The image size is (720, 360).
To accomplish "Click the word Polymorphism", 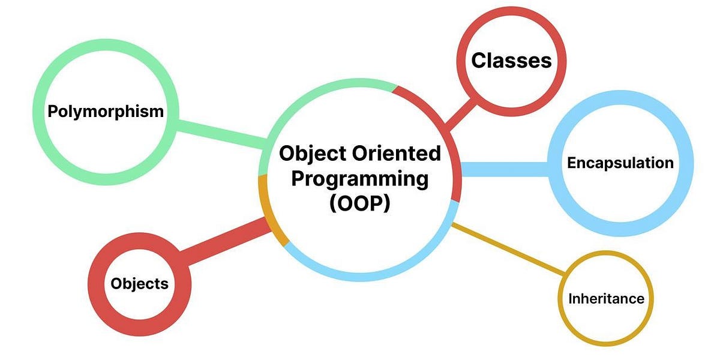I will tap(106, 112).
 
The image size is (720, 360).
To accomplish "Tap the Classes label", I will tap(511, 61).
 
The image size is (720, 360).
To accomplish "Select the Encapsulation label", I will tap(620, 163).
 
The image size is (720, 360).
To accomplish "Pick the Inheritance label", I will tap(606, 298).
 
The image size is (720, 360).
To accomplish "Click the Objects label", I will tap(139, 283).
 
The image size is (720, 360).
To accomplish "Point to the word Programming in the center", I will tap(360, 179).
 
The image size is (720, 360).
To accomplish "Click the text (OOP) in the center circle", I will tap(360, 203).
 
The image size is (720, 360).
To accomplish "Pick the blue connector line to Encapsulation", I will tap(504, 169).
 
